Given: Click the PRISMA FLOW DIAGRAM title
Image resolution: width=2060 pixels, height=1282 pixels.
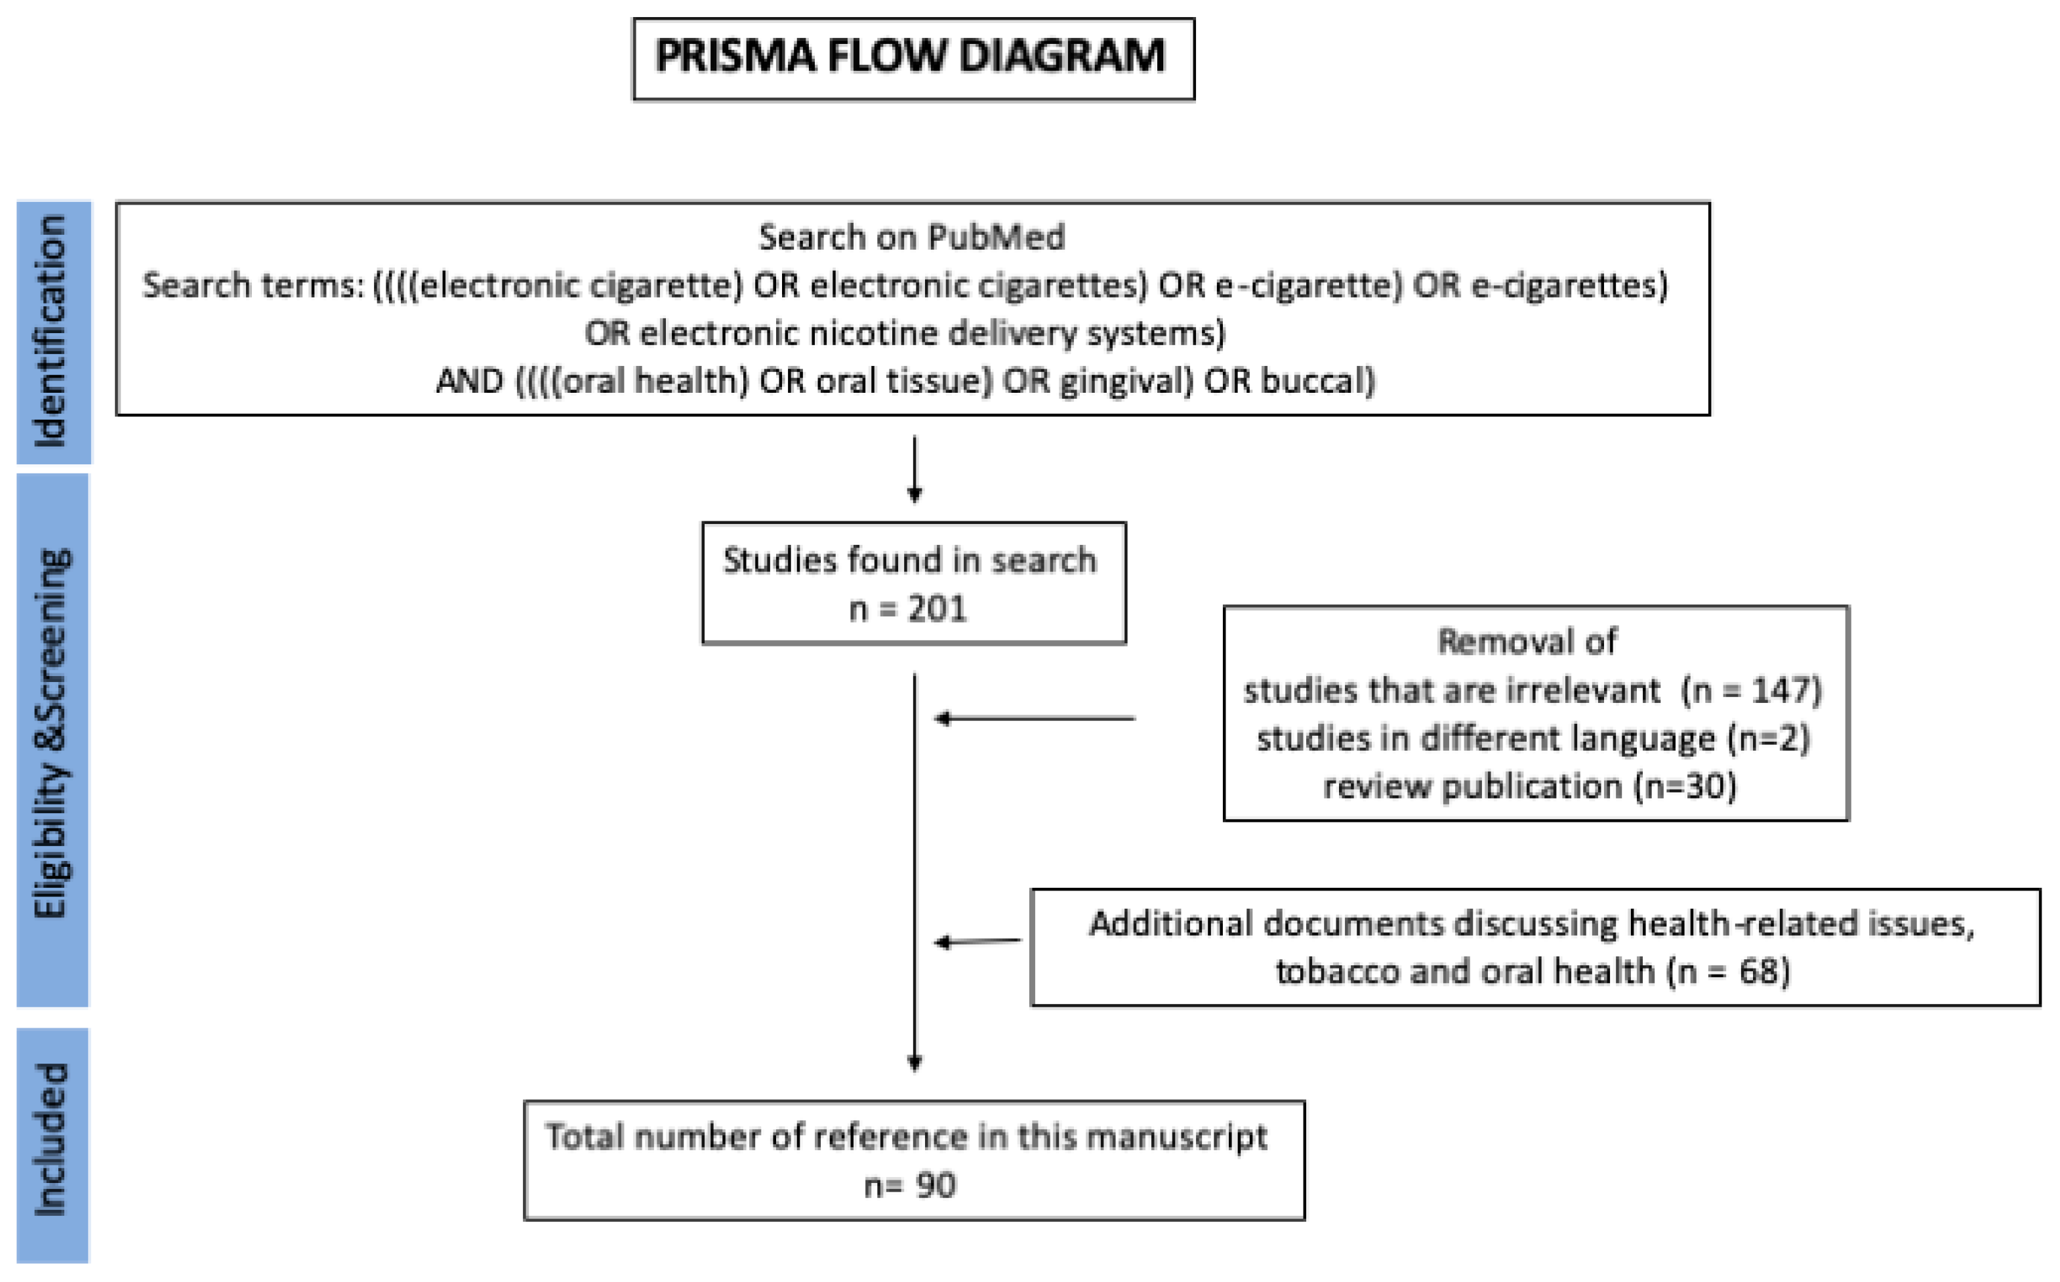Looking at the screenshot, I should tap(912, 57).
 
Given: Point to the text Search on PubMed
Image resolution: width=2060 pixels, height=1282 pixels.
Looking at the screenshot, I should tap(912, 237).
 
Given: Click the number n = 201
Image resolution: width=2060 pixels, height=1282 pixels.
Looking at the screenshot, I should tap(908, 609).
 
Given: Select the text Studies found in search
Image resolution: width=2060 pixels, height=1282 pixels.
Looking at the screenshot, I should tap(910, 561).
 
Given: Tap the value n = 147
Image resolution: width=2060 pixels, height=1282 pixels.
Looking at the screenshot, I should tap(1752, 690).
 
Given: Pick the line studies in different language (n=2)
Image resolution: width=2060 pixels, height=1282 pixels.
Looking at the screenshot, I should tap(1533, 738).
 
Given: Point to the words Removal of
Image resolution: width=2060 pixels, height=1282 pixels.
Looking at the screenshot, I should tap(1527, 642).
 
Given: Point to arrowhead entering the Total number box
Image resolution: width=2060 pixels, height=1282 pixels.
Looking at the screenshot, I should tap(915, 1062).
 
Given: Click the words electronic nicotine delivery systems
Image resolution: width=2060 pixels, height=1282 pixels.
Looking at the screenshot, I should tap(930, 333).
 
